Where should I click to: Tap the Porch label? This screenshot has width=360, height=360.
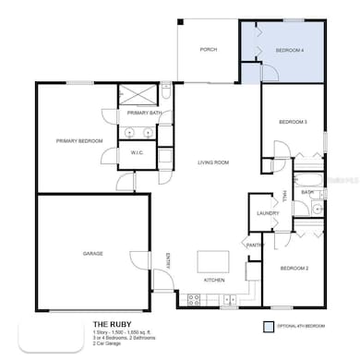tap(209, 49)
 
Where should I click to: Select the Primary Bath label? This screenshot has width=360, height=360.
tap(145, 114)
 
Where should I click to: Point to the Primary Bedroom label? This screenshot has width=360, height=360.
tap(78, 141)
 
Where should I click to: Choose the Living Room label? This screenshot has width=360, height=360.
tap(213, 163)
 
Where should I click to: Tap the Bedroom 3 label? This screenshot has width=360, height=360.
tap(293, 122)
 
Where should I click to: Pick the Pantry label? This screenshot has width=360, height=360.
tap(255, 244)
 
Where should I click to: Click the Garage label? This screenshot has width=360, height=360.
tap(92, 253)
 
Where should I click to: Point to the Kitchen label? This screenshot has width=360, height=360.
tap(214, 280)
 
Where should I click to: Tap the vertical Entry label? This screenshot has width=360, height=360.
tap(168, 262)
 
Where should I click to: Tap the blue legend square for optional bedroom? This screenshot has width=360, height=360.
tap(268, 326)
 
